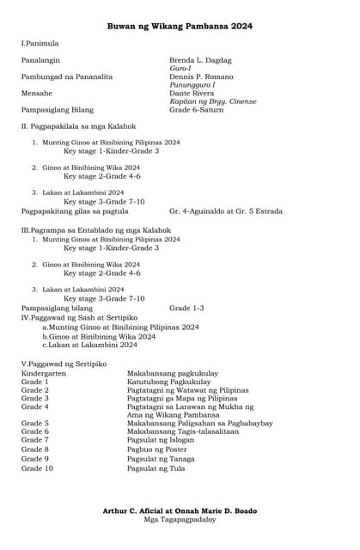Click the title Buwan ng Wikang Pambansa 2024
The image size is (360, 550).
point(180,27)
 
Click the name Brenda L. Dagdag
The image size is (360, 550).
point(200,60)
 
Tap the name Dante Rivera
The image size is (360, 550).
point(191,93)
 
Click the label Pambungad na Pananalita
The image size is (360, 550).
point(66,76)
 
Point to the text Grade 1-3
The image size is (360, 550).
point(186,307)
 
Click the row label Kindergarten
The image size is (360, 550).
point(42,374)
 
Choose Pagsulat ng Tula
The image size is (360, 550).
point(156,468)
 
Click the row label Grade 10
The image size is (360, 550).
point(37,468)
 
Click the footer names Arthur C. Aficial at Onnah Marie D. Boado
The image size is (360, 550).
point(180,511)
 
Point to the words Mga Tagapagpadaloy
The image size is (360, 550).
point(180,520)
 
